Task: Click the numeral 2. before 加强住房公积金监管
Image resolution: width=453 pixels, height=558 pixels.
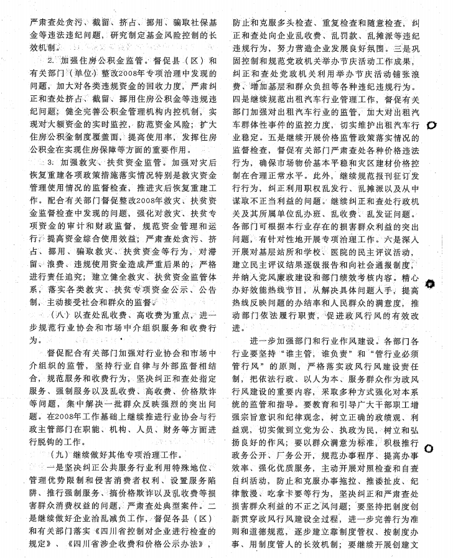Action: pos(51,60)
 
